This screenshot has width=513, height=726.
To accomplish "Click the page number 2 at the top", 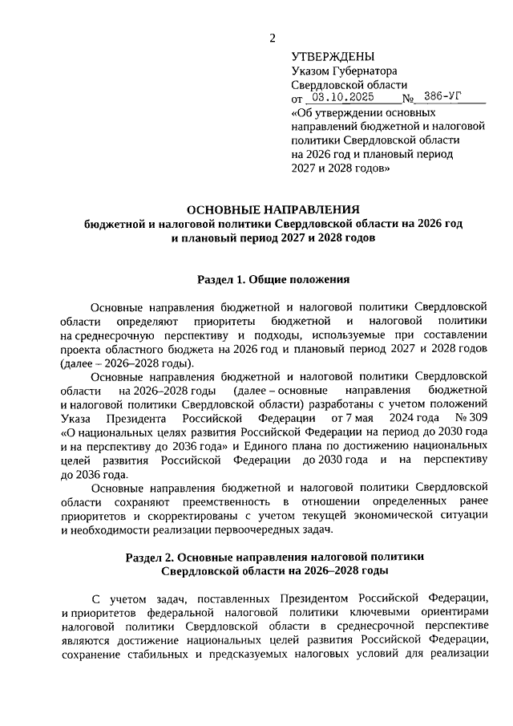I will click(273, 38).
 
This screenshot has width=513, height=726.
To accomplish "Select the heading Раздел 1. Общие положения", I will click(273, 281).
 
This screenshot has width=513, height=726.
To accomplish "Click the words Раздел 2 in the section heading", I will click(153, 557).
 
